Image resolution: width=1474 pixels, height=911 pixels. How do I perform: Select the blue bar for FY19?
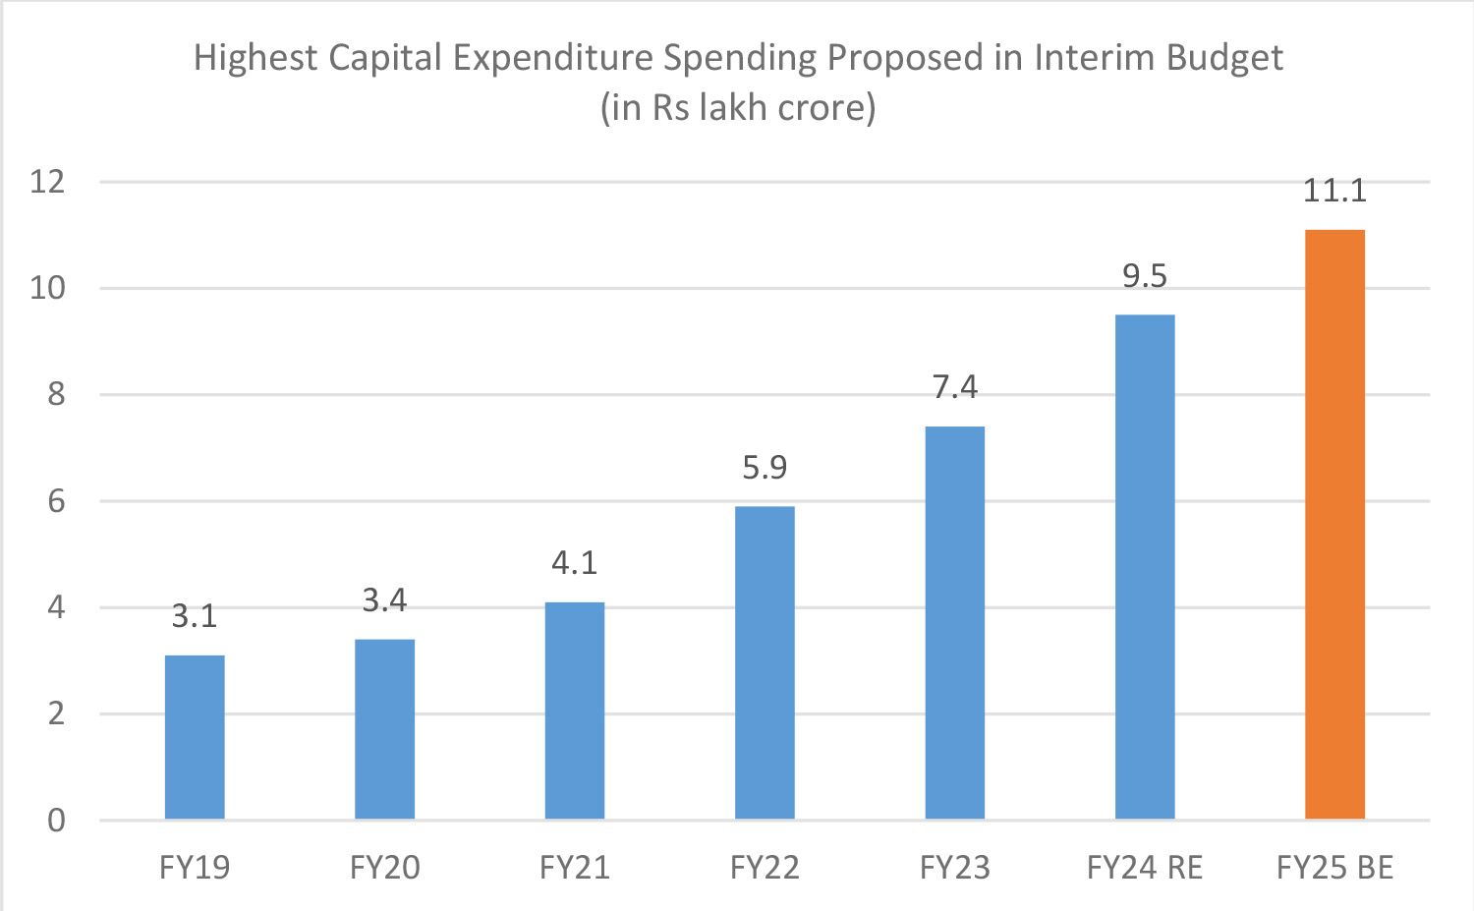[x=195, y=737]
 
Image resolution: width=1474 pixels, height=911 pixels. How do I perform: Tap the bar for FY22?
[x=765, y=662]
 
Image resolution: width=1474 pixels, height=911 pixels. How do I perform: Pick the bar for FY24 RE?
[x=1145, y=567]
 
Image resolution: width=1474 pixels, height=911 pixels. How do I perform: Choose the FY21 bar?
[x=575, y=711]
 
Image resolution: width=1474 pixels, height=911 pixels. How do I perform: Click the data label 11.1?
[x=1334, y=190]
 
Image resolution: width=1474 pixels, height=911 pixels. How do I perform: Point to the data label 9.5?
[x=1145, y=276]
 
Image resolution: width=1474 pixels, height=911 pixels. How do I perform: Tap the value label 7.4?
[x=955, y=387]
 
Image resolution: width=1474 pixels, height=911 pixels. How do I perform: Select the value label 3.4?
[x=384, y=599]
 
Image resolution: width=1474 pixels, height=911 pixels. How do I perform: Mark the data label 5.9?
[x=765, y=467]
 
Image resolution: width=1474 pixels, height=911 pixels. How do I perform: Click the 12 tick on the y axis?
[x=47, y=182]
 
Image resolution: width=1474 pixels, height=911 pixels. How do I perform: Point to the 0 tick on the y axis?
[x=56, y=820]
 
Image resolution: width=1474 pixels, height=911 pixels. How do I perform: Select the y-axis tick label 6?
[x=56, y=501]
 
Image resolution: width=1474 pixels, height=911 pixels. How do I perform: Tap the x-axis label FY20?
[x=384, y=868]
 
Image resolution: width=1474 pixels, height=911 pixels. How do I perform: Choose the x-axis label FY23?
[x=955, y=868]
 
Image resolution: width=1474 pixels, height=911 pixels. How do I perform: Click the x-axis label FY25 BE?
[x=1334, y=868]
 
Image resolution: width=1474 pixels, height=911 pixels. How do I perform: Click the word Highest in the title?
[x=255, y=58]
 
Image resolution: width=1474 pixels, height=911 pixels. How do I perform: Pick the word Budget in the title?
[x=1224, y=58]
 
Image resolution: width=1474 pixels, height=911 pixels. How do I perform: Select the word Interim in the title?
[x=1095, y=58]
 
